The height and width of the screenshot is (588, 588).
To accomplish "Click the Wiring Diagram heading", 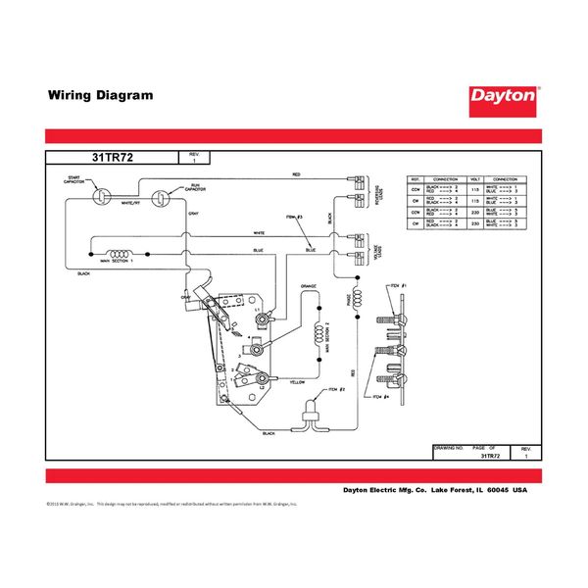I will point(100,96).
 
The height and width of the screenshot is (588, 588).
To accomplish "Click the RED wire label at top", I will point(296,174).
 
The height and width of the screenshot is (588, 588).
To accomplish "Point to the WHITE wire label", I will point(259,233).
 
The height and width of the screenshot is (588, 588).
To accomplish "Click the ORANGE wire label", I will point(306,288).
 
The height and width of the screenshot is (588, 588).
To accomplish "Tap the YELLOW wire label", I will point(297,382).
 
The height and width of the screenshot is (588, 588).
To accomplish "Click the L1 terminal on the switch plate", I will point(258,309).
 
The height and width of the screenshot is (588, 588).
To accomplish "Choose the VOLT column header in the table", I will point(475,179).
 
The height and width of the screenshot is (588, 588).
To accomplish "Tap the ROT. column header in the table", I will point(415,179).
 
